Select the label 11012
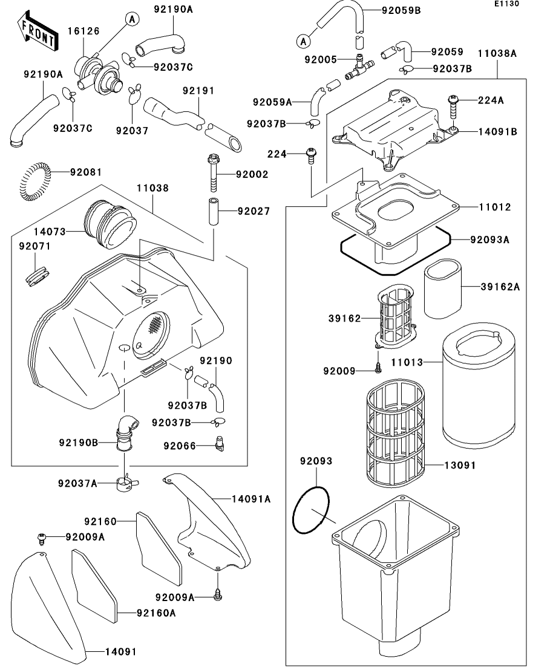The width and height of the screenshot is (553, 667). (495, 207)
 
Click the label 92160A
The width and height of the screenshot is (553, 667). (155, 613)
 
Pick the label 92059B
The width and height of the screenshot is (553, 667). (402, 10)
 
